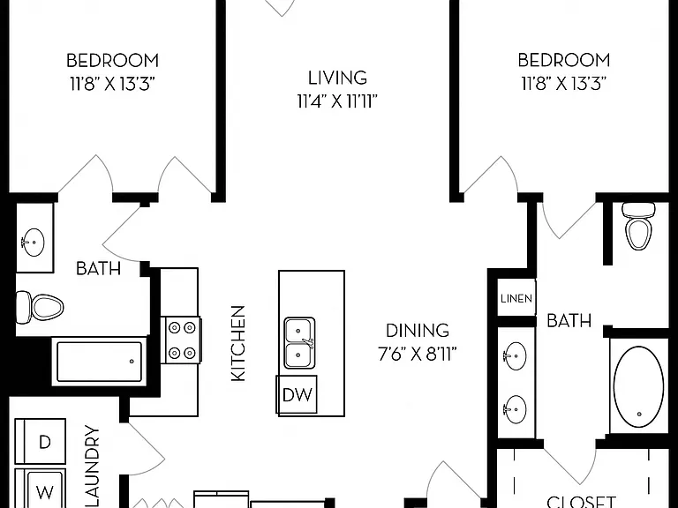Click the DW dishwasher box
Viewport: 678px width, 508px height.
click(x=297, y=394)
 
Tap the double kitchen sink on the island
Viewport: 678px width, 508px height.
click(x=299, y=343)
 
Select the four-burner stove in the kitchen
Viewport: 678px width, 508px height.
click(x=182, y=340)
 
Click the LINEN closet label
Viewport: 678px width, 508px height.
click(x=516, y=298)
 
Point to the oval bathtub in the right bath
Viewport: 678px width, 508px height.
click(x=639, y=385)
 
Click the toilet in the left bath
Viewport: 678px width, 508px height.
click(x=40, y=308)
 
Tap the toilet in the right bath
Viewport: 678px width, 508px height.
click(x=638, y=226)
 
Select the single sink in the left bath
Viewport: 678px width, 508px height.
click(x=33, y=242)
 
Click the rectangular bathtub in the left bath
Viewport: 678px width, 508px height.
click(x=99, y=362)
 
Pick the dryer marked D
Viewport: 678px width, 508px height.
click(x=41, y=442)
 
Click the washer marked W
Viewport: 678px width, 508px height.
click(x=41, y=489)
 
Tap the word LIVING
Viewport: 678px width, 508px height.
click(x=338, y=78)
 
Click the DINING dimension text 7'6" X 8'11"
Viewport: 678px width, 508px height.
click(x=418, y=355)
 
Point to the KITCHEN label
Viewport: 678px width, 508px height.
click(x=238, y=343)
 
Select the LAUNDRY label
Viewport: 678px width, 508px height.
click(x=92, y=467)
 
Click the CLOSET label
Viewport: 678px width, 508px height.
click(x=581, y=502)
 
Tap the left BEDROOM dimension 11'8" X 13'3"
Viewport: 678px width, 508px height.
click(x=112, y=84)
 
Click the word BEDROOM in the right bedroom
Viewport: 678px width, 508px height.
click(x=564, y=60)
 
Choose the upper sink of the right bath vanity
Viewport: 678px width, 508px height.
click(x=515, y=356)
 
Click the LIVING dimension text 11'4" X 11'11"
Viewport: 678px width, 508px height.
click(x=337, y=102)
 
